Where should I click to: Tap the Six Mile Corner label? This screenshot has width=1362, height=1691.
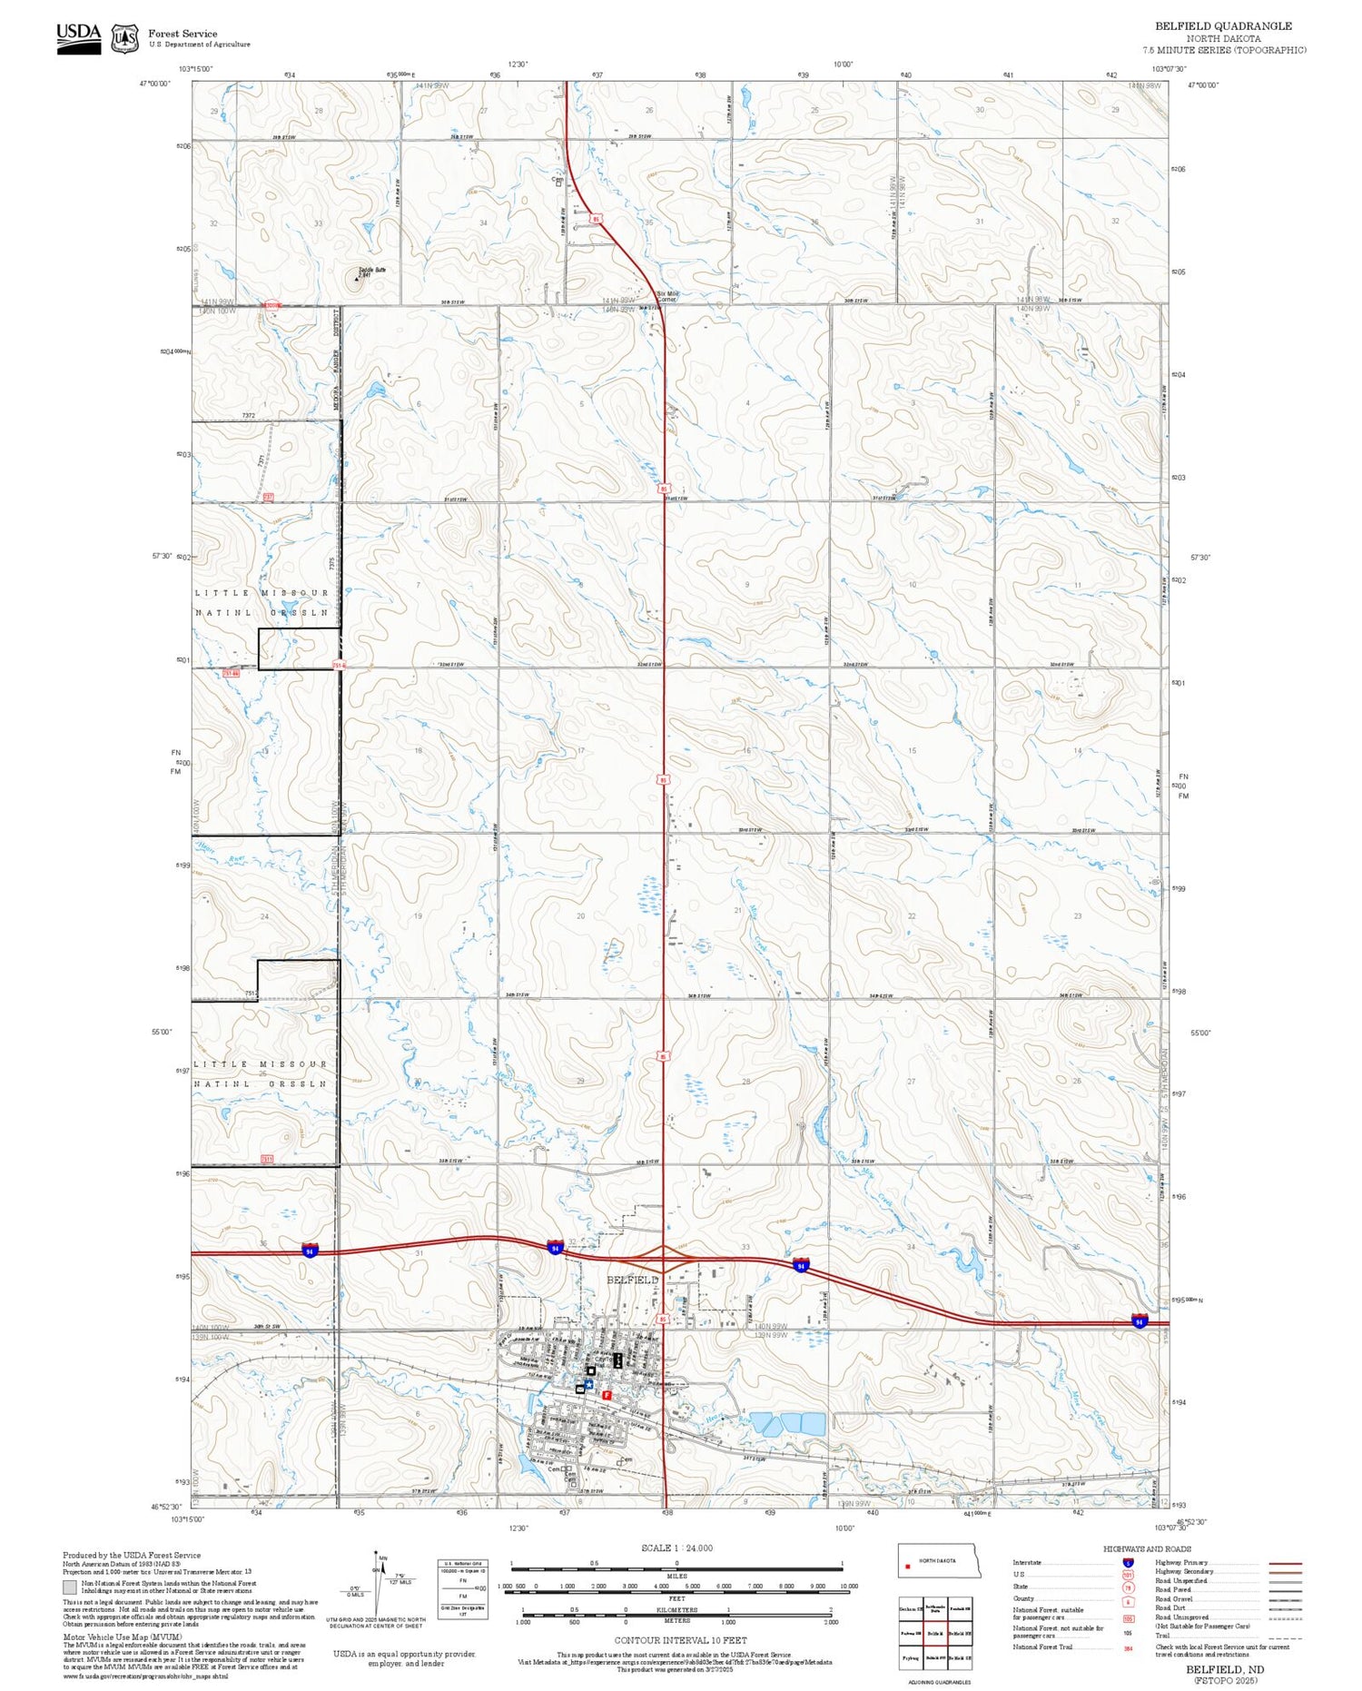pos(667,296)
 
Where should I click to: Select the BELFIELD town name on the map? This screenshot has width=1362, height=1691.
pos(633,1280)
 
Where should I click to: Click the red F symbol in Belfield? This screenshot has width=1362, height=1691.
pos(607,1393)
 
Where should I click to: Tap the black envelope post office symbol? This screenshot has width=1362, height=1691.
pos(580,1389)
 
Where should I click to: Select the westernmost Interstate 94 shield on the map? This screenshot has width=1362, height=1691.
pos(311,1251)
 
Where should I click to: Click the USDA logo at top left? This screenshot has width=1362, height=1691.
pos(79,37)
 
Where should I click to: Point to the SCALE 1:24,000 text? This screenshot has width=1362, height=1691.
pos(676,1548)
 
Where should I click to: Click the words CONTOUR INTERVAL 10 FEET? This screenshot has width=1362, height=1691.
pos(680,1640)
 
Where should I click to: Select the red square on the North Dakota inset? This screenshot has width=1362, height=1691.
pos(907,1566)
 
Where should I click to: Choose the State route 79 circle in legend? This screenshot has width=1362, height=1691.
pos(1128,1587)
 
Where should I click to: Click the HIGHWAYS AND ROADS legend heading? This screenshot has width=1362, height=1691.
pos(1147,1549)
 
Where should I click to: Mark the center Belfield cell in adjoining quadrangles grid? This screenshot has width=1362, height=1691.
pos(935,1633)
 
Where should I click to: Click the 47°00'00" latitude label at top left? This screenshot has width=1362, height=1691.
pos(155,84)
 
